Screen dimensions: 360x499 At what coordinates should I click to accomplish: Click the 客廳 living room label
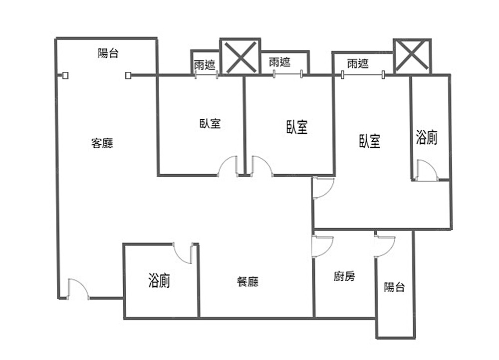(x=102, y=144)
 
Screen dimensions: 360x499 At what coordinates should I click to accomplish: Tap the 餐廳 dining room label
(x=248, y=282)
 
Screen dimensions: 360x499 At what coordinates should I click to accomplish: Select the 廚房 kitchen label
(x=344, y=276)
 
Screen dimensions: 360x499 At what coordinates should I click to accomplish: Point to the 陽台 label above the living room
(x=108, y=53)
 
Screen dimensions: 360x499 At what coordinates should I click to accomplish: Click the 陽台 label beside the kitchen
(x=394, y=287)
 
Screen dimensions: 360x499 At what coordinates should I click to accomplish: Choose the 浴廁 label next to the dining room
(x=159, y=281)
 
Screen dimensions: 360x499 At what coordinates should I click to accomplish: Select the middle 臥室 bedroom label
(x=297, y=127)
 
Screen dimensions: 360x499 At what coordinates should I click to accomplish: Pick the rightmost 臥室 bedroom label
(x=370, y=141)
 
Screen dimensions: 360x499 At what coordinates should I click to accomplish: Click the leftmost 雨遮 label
(x=205, y=64)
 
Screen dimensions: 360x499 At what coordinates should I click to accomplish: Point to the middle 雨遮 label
(x=279, y=62)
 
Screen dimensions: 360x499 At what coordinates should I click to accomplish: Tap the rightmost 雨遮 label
(x=358, y=63)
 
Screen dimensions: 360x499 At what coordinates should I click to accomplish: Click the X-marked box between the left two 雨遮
(x=240, y=56)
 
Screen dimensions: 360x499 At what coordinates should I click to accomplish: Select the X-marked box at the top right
(x=412, y=55)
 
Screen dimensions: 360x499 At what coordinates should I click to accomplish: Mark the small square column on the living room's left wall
(x=65, y=76)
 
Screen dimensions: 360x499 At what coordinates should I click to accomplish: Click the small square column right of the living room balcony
(x=128, y=76)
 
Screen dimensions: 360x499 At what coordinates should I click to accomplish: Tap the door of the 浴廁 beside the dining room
(x=184, y=253)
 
